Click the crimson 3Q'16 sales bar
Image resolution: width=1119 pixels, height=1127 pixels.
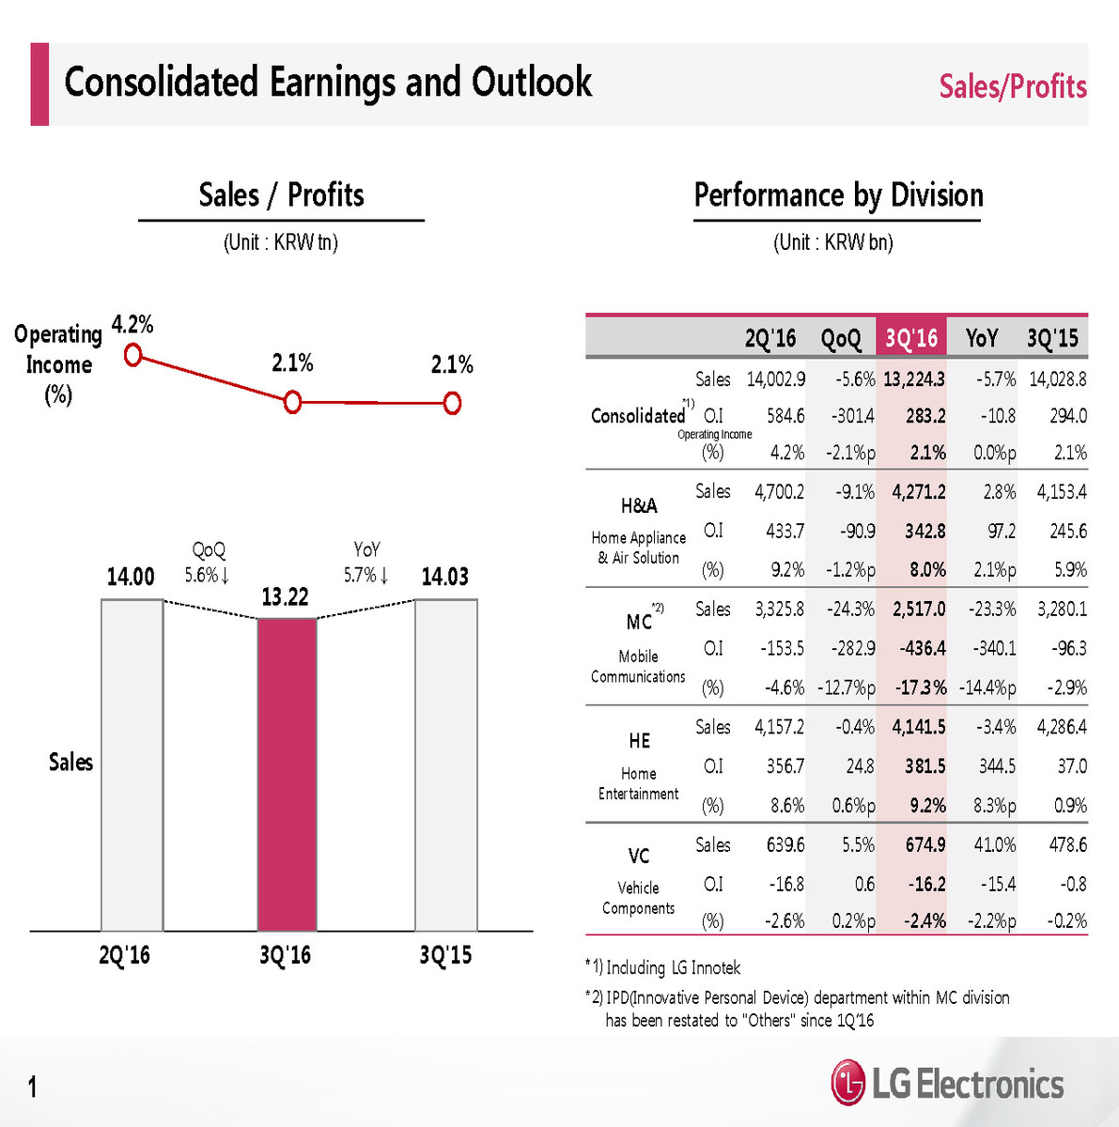287,774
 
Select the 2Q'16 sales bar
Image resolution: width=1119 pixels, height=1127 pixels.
132,764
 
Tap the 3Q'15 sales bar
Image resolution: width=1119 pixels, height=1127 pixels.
445,764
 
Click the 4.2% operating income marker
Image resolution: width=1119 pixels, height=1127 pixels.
133,355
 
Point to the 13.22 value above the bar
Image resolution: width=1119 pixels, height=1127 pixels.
285,597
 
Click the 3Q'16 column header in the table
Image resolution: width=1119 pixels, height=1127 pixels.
911,338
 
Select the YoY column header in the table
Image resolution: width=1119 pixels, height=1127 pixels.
982,338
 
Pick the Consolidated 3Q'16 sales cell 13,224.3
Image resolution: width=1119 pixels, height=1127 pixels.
913,379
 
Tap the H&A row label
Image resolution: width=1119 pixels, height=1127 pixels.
639,506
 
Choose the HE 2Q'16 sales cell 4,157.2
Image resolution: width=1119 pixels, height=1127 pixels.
779,727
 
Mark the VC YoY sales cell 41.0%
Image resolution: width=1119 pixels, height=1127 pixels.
994,845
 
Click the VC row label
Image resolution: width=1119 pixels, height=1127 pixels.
639,856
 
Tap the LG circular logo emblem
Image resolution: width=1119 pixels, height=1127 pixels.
847,1084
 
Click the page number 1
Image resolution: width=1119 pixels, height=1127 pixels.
33,1088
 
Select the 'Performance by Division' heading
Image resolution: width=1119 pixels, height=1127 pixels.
838,195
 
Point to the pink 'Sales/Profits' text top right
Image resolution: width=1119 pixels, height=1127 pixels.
1012,86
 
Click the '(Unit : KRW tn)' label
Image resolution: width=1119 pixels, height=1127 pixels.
280,242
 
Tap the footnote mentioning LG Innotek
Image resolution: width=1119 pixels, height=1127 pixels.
666,967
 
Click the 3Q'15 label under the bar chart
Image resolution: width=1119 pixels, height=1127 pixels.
445,955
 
